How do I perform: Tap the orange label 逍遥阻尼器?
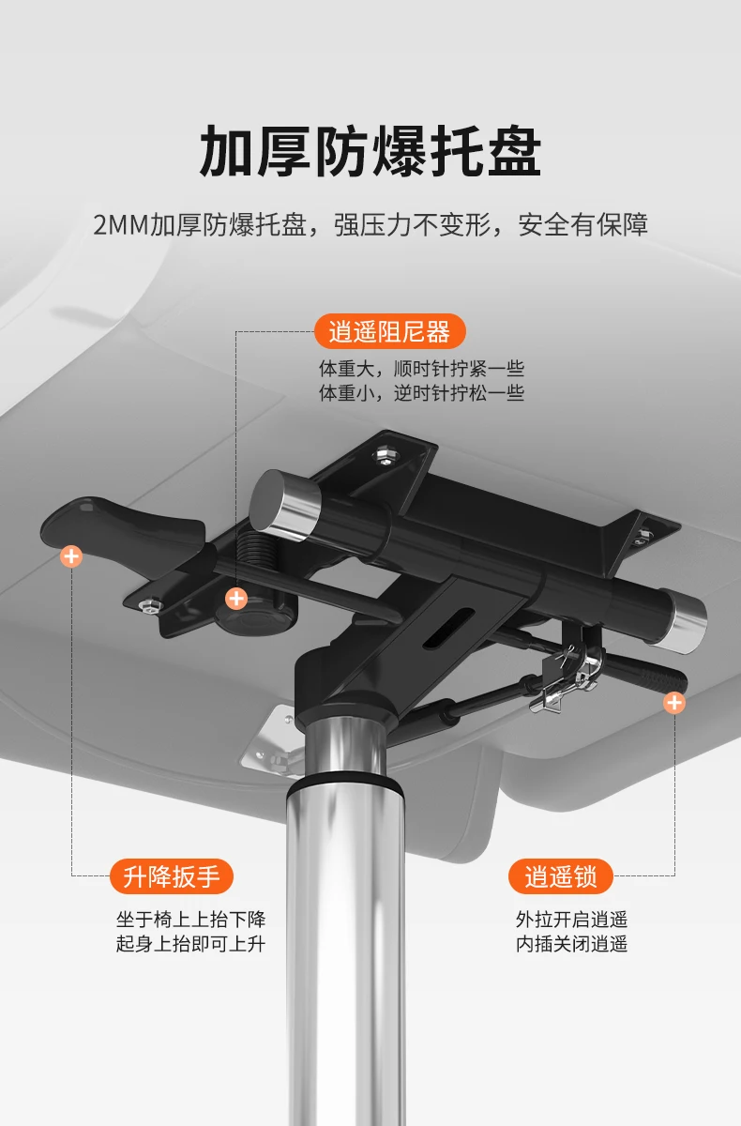coord(389,331)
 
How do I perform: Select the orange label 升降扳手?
coord(172,876)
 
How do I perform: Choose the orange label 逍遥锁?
coord(561,876)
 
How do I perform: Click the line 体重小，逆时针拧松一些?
coord(421,392)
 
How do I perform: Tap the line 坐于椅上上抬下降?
coord(190,920)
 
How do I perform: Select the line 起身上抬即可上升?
coord(190,944)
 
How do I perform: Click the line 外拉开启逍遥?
coord(571,920)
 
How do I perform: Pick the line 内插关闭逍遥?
coord(571,944)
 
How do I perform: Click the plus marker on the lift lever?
coord(71,555)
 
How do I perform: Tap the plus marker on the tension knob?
coord(236,598)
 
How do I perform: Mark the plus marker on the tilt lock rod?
coord(673,702)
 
